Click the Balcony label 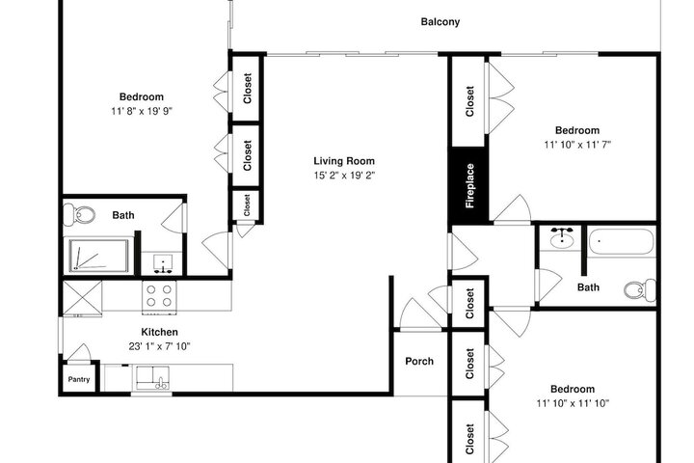tap(440, 22)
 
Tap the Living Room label tap(344, 161)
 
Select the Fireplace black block tap(469, 185)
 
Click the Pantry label tap(79, 379)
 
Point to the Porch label tap(419, 361)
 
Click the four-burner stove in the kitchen tap(159, 297)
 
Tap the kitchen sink tap(152, 377)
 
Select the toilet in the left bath tap(79, 215)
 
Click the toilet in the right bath tap(640, 290)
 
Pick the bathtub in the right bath tap(621, 241)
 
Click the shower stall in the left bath tap(98, 256)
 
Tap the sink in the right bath tap(562, 239)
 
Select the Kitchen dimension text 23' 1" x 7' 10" tap(159, 346)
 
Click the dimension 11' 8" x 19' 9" tap(141, 111)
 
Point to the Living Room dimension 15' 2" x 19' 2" tap(344, 175)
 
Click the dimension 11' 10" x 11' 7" tap(577, 145)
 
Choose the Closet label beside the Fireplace tap(469, 101)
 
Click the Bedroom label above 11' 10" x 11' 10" tap(573, 389)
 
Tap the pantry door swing tap(80, 353)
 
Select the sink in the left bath tap(162, 263)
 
